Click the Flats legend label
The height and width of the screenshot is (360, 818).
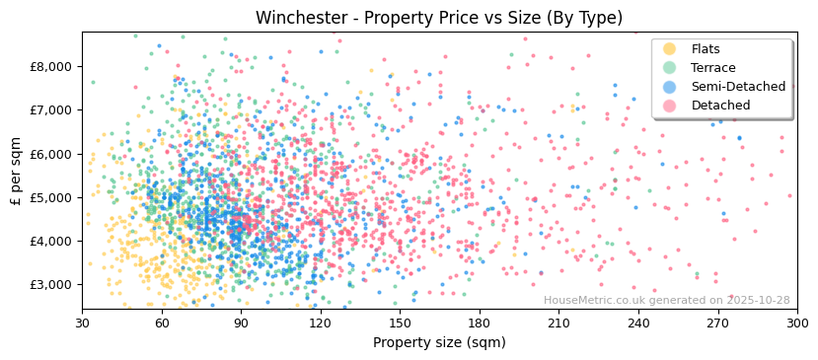click(706, 49)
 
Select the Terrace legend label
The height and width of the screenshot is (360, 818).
click(712, 68)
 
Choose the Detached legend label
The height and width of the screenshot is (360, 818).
click(720, 106)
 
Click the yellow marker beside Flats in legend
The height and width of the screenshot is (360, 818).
click(670, 49)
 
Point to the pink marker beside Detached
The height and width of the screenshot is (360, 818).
click(670, 106)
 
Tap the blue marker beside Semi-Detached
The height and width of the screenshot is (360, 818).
click(670, 87)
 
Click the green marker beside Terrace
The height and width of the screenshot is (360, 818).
click(670, 68)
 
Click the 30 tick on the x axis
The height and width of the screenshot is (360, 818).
click(82, 324)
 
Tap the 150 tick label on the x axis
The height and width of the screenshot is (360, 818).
click(400, 324)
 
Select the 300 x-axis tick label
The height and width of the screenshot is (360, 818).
click(796, 324)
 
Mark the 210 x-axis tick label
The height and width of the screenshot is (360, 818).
click(558, 324)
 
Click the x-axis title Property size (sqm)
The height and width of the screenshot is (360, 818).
click(439, 342)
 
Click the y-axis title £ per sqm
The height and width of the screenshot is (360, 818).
click(17, 171)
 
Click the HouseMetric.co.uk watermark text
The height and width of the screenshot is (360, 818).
click(666, 301)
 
